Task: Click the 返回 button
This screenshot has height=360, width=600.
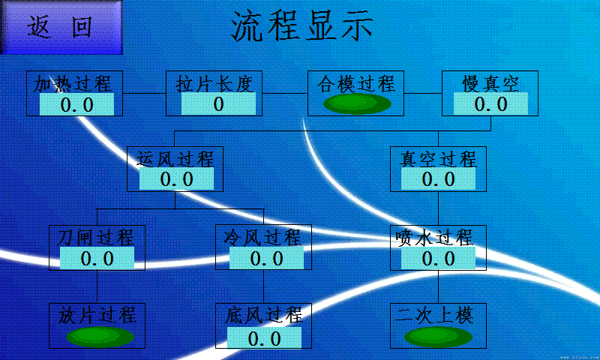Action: (x=60, y=27)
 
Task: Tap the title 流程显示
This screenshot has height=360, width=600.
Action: (x=301, y=27)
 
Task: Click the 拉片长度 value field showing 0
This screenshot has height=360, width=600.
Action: (x=218, y=103)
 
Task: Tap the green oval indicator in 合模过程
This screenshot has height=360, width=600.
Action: (x=356, y=103)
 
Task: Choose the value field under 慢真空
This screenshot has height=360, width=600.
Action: (x=490, y=104)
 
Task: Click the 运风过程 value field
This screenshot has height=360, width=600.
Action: (x=176, y=178)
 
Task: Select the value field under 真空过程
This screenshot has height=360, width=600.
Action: (x=438, y=178)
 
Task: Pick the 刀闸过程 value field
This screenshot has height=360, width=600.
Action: (x=97, y=259)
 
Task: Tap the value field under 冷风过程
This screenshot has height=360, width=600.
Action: (x=266, y=259)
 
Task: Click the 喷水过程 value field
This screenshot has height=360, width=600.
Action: (x=438, y=259)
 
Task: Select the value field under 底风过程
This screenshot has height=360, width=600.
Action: (x=264, y=338)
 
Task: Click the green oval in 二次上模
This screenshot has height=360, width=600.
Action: (x=439, y=336)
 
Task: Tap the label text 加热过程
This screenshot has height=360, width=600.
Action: (x=73, y=82)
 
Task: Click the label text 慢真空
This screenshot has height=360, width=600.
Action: (x=490, y=82)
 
